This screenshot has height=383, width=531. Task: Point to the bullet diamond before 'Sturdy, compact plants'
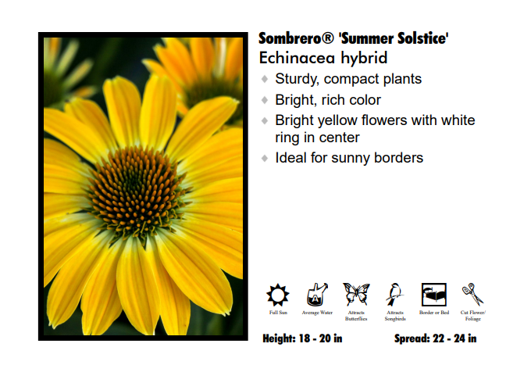[x=265, y=80]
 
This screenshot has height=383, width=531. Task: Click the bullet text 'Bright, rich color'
[x=328, y=100]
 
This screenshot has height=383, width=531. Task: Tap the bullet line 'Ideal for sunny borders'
[x=349, y=158]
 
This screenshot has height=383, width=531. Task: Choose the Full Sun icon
[x=278, y=295]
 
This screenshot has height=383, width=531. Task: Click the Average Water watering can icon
[x=317, y=295]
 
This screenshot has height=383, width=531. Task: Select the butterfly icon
[x=356, y=295]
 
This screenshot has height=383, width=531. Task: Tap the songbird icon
[x=395, y=295]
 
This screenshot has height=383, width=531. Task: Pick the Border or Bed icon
[x=433, y=295]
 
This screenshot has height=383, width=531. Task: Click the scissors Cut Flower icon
[x=472, y=295]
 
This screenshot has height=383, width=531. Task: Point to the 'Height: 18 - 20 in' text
[x=302, y=338]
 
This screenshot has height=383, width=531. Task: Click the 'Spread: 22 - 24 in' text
[x=436, y=338]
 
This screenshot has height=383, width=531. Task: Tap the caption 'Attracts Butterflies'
[x=356, y=316]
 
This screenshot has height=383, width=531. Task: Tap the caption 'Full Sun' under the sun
[x=278, y=313]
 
